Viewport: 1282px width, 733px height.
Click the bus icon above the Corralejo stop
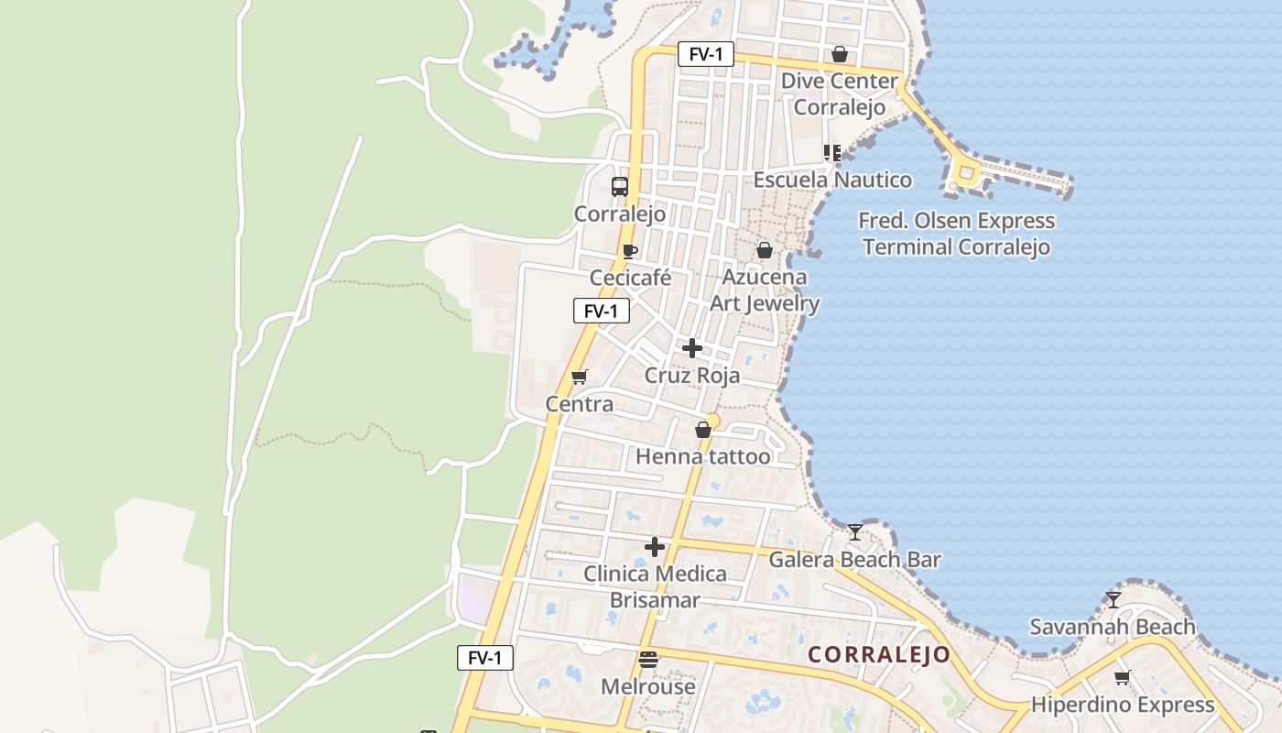620,187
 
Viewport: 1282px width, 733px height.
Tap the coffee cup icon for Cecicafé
629,251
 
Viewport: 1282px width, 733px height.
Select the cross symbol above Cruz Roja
692,348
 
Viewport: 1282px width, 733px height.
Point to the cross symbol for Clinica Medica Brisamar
655,547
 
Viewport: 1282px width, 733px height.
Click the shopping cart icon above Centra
579,377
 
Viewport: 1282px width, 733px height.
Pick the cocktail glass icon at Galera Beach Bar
854,532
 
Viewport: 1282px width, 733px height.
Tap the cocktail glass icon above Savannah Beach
1114,600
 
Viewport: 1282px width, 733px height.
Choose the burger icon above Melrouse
648,660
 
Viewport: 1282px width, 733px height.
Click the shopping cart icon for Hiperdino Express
1123,678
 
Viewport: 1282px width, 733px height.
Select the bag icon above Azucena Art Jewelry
765,250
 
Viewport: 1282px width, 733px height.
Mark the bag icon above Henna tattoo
703,430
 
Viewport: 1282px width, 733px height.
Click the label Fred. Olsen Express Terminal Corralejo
956,234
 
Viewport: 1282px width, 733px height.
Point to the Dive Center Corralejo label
839,94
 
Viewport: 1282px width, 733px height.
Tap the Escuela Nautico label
832,180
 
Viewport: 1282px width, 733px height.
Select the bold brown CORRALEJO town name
880,655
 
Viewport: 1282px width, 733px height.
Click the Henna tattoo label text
703,456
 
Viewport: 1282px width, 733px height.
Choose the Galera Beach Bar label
854,559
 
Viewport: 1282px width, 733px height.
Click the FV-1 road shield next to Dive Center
706,54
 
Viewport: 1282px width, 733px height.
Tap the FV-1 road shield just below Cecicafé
602,311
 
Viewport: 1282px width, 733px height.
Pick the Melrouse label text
648,686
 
